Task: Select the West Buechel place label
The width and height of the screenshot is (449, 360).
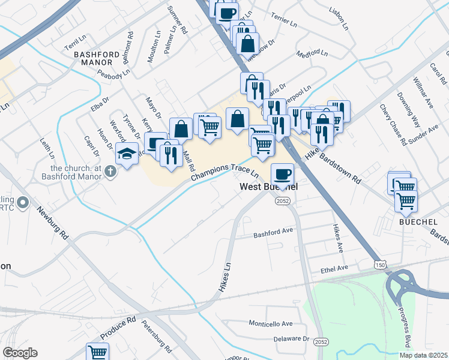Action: tap(269, 187)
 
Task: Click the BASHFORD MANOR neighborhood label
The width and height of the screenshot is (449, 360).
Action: tap(94, 58)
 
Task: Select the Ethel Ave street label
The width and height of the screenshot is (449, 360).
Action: tap(334, 268)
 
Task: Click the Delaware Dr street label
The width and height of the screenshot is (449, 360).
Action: tap(282, 338)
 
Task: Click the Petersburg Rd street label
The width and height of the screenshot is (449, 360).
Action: tap(157, 335)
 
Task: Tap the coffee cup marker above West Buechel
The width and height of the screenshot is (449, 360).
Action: tap(282, 175)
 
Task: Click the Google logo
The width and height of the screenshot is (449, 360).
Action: tap(20, 353)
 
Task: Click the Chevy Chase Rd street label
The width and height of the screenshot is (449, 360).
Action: tap(393, 123)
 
